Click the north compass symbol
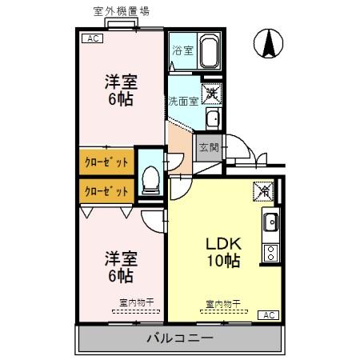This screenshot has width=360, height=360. point(270,43)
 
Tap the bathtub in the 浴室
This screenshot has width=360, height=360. point(209,53)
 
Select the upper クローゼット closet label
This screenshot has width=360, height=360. point(106,162)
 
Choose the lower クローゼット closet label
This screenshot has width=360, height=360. point(106,191)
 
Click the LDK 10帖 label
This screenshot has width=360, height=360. point(224,250)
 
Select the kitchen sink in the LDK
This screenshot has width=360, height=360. point(270,222)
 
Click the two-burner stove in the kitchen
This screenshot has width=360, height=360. point(270,254)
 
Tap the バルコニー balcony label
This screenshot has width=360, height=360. point(179,338)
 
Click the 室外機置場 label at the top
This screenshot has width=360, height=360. point(121,11)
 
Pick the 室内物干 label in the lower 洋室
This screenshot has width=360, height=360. point(135,302)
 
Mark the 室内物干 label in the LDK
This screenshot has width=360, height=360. point(224,303)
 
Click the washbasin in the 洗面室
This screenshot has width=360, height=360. point(212,120)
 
